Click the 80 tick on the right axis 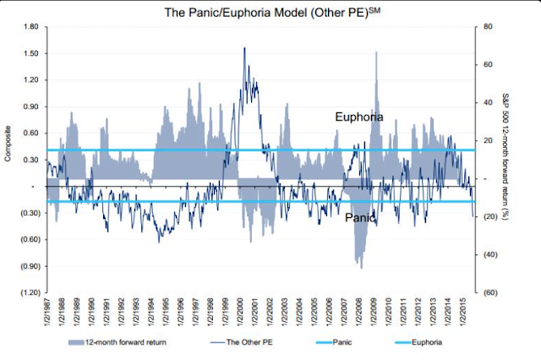point(485,27)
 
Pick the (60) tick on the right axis point(487,292)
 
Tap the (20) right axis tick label point(487,217)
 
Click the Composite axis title point(8,160)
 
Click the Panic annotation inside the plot point(360,218)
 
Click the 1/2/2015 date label point(463,318)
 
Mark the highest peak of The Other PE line point(244,47)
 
